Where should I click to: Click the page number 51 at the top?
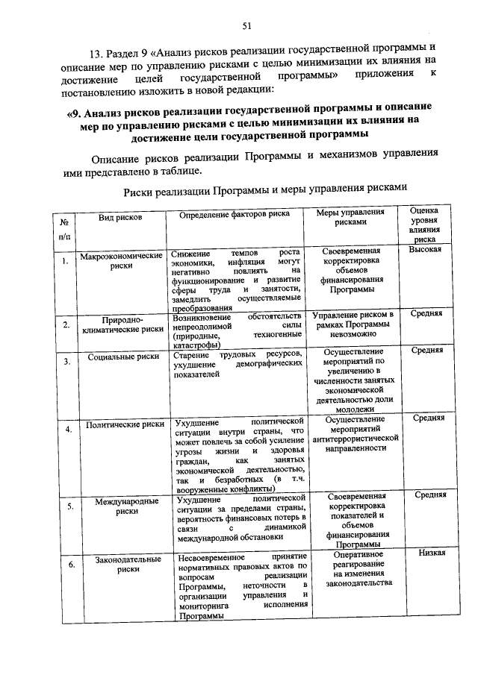click(x=246, y=27)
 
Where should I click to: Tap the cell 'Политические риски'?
click(x=125, y=424)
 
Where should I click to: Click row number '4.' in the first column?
click(x=68, y=430)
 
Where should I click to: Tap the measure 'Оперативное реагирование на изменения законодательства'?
click(x=354, y=569)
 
